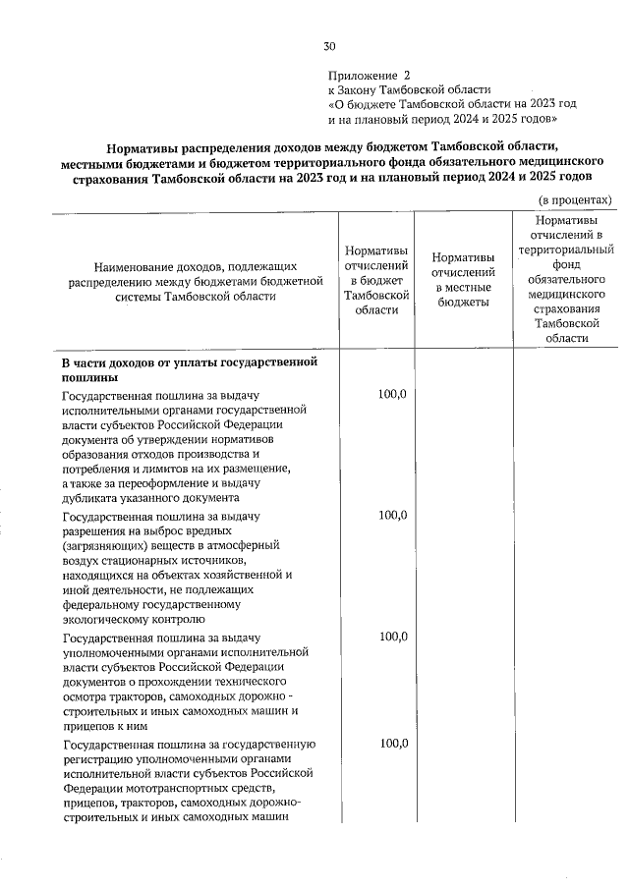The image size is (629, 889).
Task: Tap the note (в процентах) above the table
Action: (x=574, y=199)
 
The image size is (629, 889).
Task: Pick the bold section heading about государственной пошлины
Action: (x=189, y=369)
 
